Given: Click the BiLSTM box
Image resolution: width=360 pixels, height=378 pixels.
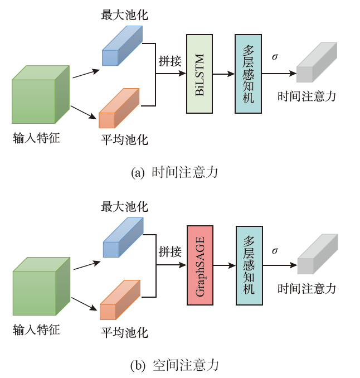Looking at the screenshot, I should [200, 74].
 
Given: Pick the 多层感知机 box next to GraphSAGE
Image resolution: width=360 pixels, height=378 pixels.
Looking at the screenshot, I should [249, 265].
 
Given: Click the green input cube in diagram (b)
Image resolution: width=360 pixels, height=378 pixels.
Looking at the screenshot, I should [41, 287].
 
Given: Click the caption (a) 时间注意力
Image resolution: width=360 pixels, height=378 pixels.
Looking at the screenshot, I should [174, 172].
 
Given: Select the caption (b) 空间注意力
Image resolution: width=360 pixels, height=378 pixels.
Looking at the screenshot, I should [174, 365].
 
